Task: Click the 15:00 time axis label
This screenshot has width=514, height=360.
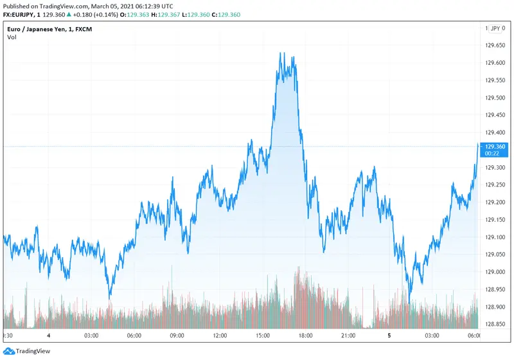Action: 263,336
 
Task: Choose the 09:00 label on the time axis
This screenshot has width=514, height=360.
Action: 177,336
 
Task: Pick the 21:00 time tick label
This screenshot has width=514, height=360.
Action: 348,336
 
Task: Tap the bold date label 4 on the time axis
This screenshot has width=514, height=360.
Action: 49,336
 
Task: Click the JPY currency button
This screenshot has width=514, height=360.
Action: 495,29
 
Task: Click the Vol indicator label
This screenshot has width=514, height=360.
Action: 12,37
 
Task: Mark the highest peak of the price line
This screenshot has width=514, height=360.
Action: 281,53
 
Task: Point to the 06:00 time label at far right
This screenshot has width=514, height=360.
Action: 474,336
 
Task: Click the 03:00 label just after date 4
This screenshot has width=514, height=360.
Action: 91,336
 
